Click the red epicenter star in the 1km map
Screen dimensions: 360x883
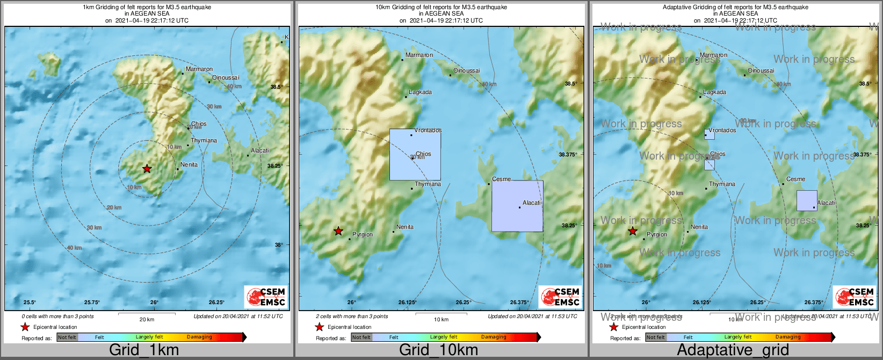point(147,169)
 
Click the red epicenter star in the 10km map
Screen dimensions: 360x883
point(338,231)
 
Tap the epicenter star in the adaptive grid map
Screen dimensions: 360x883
point(633,231)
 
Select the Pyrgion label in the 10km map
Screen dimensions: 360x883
point(362,235)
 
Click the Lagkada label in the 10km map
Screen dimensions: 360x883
point(420,92)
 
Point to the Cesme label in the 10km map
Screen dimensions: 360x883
point(502,179)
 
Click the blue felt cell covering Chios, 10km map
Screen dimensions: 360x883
point(415,154)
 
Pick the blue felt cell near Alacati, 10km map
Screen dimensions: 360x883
point(517,206)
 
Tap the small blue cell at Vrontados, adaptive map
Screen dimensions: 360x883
point(709,134)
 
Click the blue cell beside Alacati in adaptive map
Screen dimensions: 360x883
point(807,200)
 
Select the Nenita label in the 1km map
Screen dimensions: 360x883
point(189,165)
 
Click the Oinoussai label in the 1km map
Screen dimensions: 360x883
point(226,78)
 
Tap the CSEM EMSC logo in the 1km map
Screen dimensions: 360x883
point(266,297)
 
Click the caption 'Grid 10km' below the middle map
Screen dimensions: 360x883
point(438,350)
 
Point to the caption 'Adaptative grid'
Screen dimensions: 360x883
point(733,350)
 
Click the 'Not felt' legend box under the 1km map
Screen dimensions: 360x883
point(67,337)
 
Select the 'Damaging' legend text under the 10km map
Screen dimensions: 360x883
point(494,337)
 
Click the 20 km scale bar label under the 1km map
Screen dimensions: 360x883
point(147,320)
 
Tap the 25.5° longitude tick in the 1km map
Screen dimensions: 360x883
point(30,303)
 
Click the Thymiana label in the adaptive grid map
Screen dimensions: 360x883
point(722,184)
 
